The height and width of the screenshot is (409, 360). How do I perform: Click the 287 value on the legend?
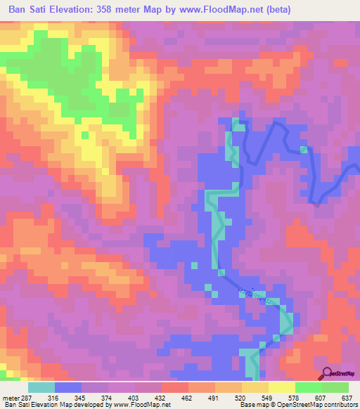coord(27,398)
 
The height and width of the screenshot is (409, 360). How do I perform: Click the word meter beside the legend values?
coord(10,398)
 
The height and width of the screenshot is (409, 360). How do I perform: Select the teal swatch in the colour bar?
coord(41,387)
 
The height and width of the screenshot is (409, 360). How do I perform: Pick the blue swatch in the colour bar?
coord(68,387)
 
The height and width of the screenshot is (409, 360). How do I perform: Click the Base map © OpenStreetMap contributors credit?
coord(298,405)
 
